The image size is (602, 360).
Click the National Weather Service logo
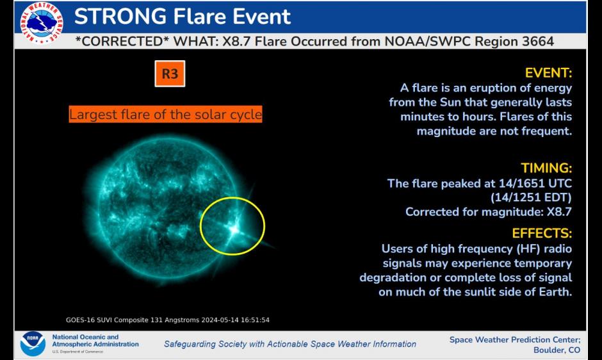[43, 24]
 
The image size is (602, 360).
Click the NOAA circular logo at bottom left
[32, 343]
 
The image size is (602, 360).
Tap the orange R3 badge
[170, 74]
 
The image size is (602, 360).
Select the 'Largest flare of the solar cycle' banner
[165, 115]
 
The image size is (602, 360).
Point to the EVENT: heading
[548, 72]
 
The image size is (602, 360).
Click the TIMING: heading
[546, 168]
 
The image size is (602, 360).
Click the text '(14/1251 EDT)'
[531, 197]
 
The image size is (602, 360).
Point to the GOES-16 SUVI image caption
[172, 320]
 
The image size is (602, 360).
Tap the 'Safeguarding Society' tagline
[289, 344]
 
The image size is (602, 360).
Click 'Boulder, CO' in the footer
[557, 350]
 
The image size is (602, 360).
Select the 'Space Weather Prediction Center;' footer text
[515, 340]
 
